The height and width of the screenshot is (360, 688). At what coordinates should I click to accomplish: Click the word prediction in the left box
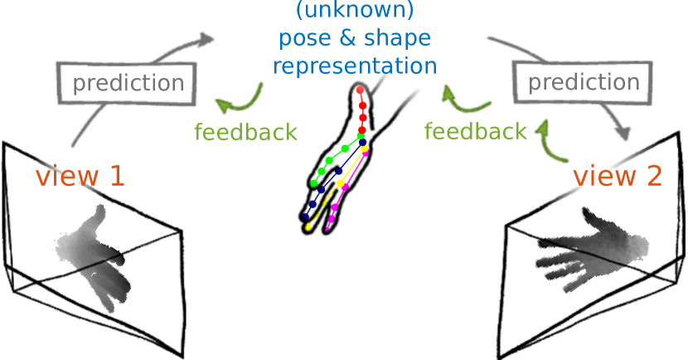coord(128,83)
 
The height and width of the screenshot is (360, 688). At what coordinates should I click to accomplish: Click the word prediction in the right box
coord(584,82)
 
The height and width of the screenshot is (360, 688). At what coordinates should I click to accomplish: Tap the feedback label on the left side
coord(245,132)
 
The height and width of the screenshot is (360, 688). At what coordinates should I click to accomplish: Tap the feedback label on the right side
coord(475,131)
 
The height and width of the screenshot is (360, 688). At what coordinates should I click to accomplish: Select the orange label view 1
coord(80,176)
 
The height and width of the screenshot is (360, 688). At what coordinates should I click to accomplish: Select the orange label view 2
coord(618,176)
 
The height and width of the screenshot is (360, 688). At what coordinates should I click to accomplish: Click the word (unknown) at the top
coord(354,11)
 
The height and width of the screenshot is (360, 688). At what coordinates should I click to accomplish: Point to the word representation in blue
coord(354,66)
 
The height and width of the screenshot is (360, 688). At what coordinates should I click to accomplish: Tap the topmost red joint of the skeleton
coord(360,90)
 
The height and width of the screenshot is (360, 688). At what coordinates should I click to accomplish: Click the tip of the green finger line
coord(314,182)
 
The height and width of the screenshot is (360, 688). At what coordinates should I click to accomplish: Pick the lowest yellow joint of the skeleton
coord(308,226)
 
